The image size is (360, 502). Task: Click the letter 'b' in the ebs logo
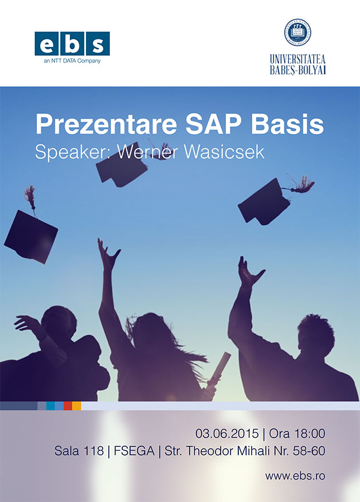click(72, 44)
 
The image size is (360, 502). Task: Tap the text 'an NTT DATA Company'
click(72, 61)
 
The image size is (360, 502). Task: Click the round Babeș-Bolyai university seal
click(297, 32)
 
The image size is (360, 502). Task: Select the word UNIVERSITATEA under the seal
click(297, 59)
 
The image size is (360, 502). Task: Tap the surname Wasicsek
click(224, 152)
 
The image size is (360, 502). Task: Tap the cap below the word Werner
click(122, 165)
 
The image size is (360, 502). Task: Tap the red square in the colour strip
click(68, 405)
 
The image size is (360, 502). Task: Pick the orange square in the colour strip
click(76, 405)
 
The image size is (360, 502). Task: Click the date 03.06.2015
click(227, 434)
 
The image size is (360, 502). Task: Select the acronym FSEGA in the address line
click(134, 451)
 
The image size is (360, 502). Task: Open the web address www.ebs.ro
click(295, 476)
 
